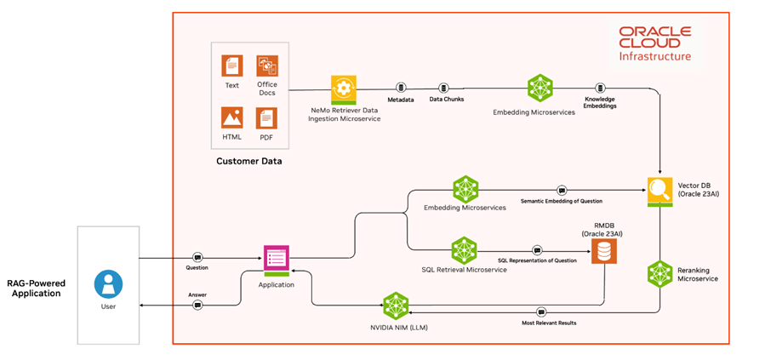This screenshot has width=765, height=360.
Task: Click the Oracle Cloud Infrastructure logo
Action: pyautogui.click(x=654, y=43)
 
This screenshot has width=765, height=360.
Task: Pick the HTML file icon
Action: pyautogui.click(x=231, y=117)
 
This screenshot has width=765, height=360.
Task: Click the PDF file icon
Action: pyautogui.click(x=267, y=117)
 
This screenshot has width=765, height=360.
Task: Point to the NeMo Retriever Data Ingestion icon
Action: pyautogui.click(x=343, y=89)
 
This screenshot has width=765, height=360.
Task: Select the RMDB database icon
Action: pyautogui.click(x=604, y=250)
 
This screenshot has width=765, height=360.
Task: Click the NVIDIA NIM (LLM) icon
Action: pyautogui.click(x=397, y=305)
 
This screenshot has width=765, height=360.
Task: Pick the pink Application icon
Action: pyautogui.click(x=277, y=259)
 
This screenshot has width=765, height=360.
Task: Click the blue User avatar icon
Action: pyautogui.click(x=109, y=283)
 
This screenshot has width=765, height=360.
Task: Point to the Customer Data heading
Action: pyautogui.click(x=248, y=161)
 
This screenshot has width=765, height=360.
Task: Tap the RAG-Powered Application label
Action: pyautogui.click(x=36, y=288)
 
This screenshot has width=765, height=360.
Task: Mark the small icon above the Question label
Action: pyautogui.click(x=197, y=257)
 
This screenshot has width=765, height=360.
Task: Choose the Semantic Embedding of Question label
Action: pyautogui.click(x=562, y=201)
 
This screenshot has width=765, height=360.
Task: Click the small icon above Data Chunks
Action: pyautogui.click(x=443, y=88)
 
